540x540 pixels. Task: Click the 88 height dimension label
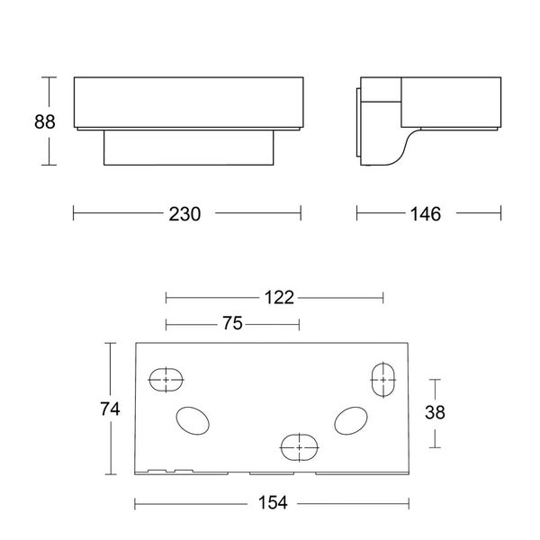[45, 121]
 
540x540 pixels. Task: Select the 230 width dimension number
[184, 214]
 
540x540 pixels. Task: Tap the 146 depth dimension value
[426, 214]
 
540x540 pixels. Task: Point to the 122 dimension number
[279, 298]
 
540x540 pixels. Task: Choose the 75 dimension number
[232, 323]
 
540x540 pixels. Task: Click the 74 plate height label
[110, 409]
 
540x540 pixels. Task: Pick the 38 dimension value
[435, 412]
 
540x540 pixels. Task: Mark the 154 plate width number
[273, 502]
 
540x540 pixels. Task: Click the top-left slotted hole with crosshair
[166, 380]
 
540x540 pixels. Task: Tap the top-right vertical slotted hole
[383, 380]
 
